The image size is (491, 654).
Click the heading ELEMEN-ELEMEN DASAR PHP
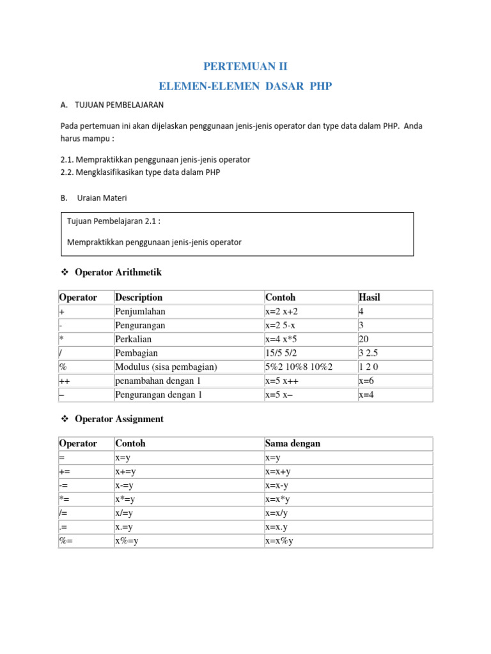coord(245,86)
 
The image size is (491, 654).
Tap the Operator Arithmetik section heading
coord(118,272)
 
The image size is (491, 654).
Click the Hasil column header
coord(370,297)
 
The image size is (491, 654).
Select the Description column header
coord(139,297)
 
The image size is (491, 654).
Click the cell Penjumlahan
coord(140,311)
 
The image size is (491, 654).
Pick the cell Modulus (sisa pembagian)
coord(166,367)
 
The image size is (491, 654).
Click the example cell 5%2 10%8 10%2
coord(299,367)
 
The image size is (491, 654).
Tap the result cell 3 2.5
coord(370,353)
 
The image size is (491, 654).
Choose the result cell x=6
coord(367,381)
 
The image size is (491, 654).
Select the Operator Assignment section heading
coord(119,419)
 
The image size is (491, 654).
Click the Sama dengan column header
coord(292,443)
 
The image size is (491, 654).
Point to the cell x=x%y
coord(279,542)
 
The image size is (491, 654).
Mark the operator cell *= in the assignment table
coord(65,499)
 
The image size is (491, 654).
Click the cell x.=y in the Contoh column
coord(124,528)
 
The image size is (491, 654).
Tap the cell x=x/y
coord(277,513)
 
